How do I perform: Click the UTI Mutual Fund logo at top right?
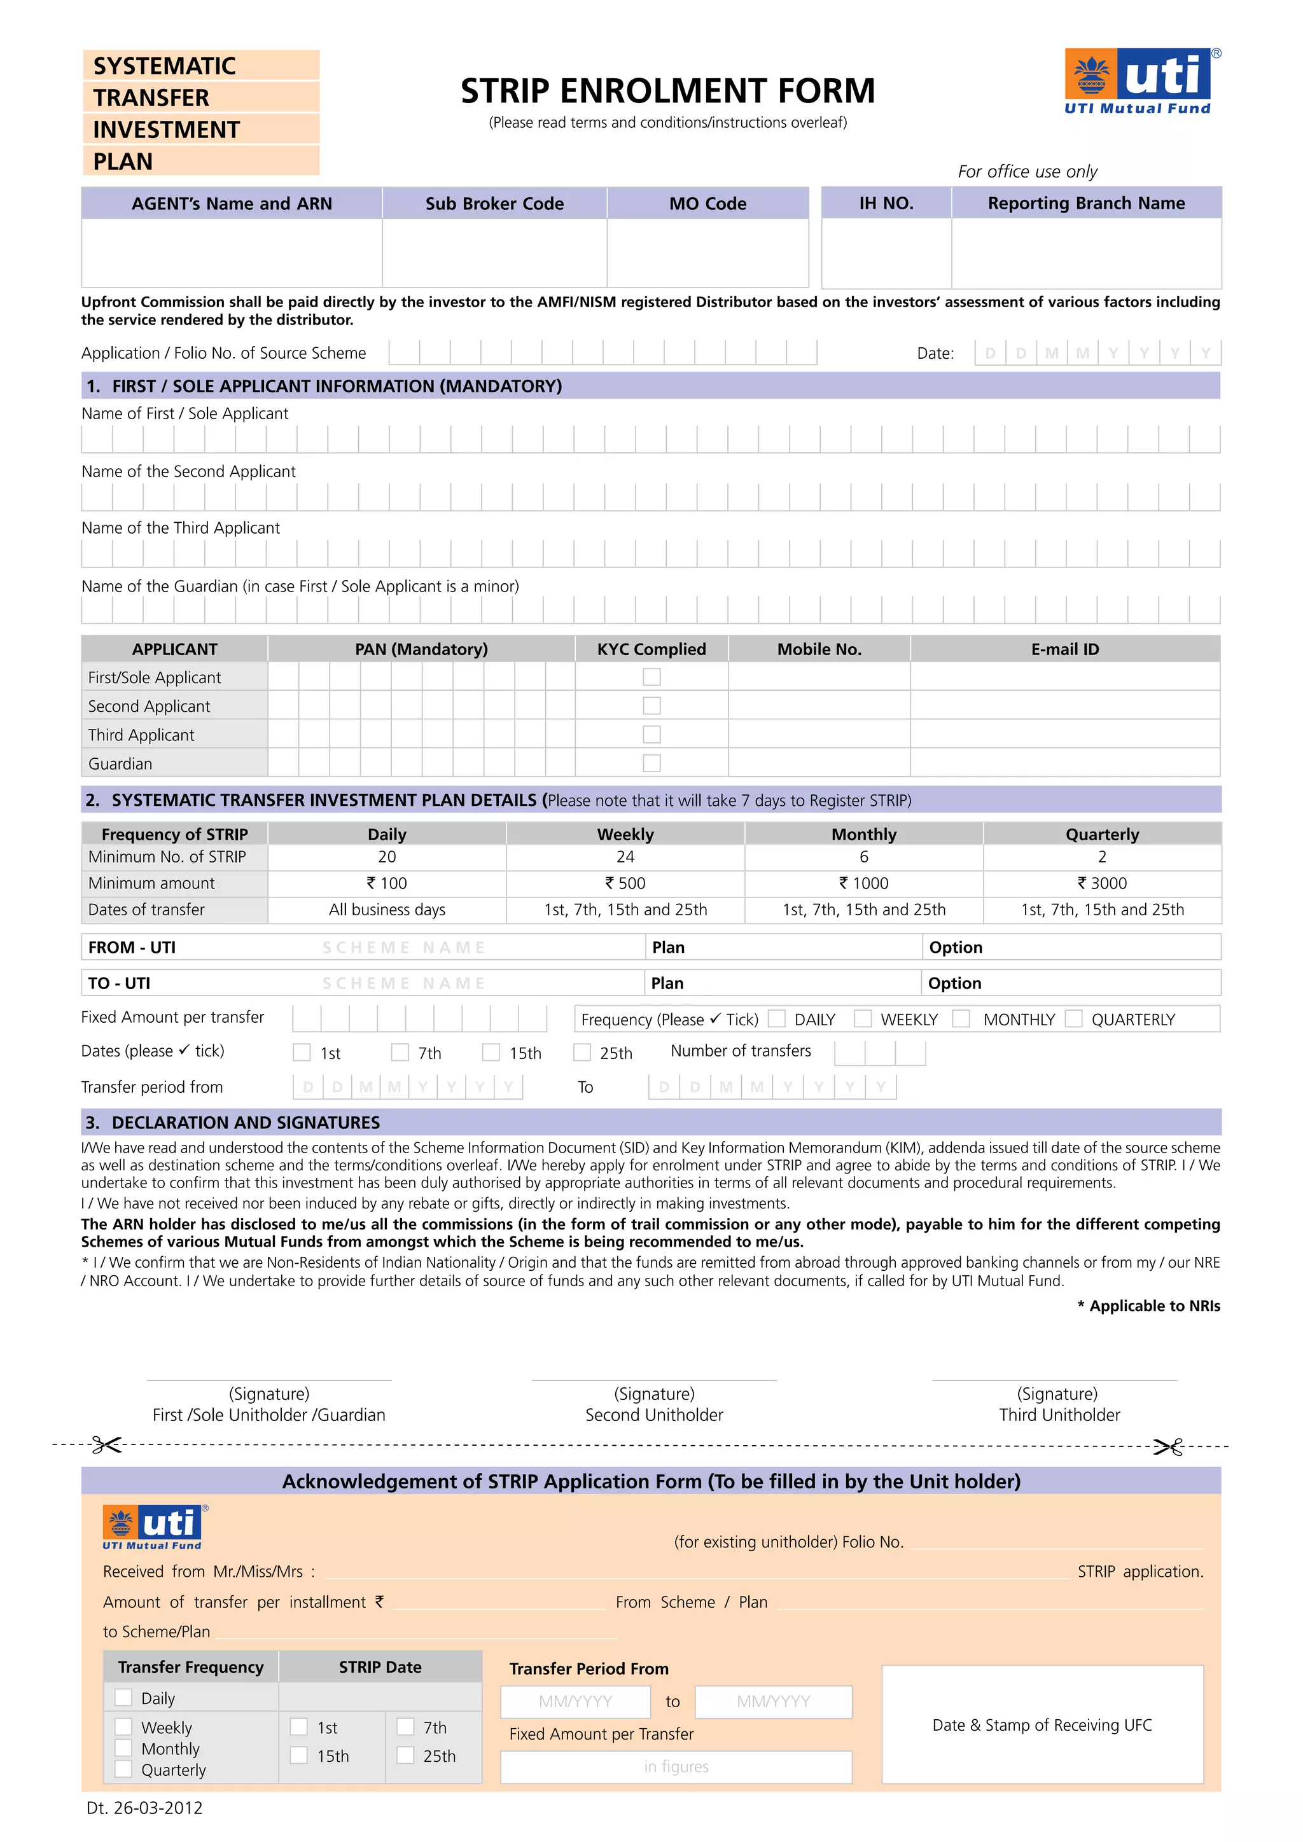tap(1138, 81)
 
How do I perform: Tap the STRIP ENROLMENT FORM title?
tap(667, 92)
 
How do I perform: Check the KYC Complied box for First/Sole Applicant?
tap(651, 677)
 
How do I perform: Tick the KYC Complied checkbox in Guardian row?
tap(651, 763)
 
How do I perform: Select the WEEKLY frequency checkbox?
tap(863, 1019)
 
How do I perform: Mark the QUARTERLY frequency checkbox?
tap(1073, 1019)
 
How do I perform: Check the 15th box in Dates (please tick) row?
tap(491, 1053)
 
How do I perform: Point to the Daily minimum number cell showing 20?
tap(387, 857)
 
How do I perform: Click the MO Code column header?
tap(707, 204)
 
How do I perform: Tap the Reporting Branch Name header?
tap(1085, 203)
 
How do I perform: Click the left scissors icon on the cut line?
tap(106, 1445)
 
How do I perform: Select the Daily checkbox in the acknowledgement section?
tap(123, 1697)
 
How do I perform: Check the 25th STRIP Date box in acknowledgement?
tap(406, 1755)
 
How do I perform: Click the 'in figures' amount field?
tap(676, 1766)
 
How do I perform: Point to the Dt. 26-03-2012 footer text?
tap(144, 1808)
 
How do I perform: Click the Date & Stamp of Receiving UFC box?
tap(1042, 1724)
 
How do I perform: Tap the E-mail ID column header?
tap(1064, 649)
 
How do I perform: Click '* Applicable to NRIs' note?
tap(1148, 1305)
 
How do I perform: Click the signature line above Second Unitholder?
tap(654, 1380)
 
